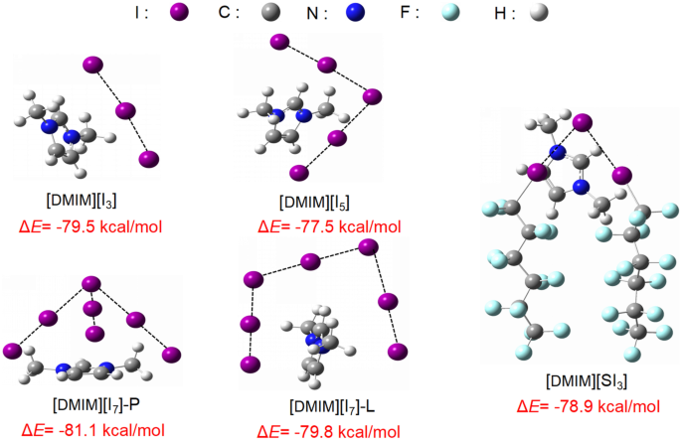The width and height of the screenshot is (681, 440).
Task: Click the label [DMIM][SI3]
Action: click(586, 381)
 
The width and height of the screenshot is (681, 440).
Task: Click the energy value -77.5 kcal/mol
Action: click(314, 227)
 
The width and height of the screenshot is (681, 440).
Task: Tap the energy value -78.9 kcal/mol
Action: click(587, 406)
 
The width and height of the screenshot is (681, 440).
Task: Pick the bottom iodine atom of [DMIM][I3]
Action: click(149, 159)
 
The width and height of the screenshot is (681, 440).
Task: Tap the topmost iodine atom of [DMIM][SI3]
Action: click(581, 123)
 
